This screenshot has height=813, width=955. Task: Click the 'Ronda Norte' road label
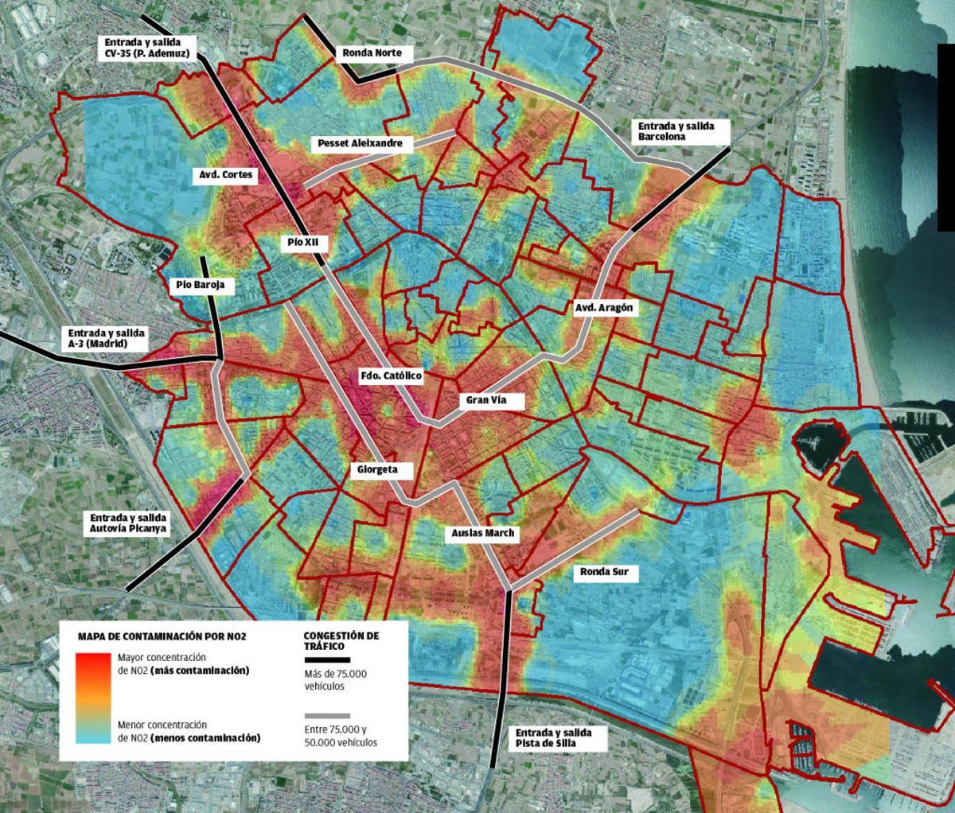[x=377, y=54]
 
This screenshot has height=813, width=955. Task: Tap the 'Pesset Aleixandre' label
[x=364, y=144]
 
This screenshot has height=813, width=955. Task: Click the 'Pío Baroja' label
[x=201, y=285]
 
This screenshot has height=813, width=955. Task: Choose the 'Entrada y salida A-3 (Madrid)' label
[x=107, y=339]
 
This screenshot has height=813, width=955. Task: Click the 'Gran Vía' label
[x=486, y=400]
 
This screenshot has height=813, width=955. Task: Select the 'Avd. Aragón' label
[x=606, y=308]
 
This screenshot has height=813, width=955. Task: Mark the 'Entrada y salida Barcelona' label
[x=676, y=131]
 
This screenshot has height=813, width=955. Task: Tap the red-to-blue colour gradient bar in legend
[x=95, y=698]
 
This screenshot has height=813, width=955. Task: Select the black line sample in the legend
[x=326, y=659]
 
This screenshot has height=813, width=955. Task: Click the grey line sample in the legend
[x=326, y=715]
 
